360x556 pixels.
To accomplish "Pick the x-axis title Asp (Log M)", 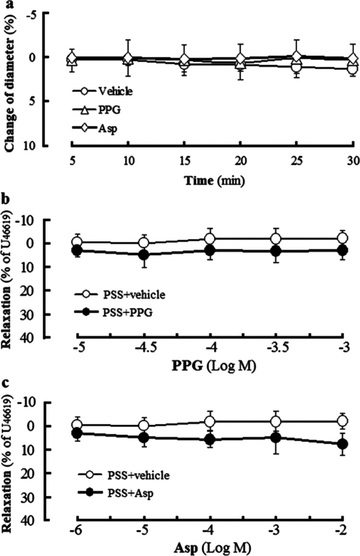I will coord(211,548).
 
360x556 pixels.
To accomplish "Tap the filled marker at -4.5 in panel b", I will coord(144,254).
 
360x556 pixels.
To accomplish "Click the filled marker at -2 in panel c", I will coord(342,444).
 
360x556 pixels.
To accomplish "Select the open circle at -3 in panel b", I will coord(342,238).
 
